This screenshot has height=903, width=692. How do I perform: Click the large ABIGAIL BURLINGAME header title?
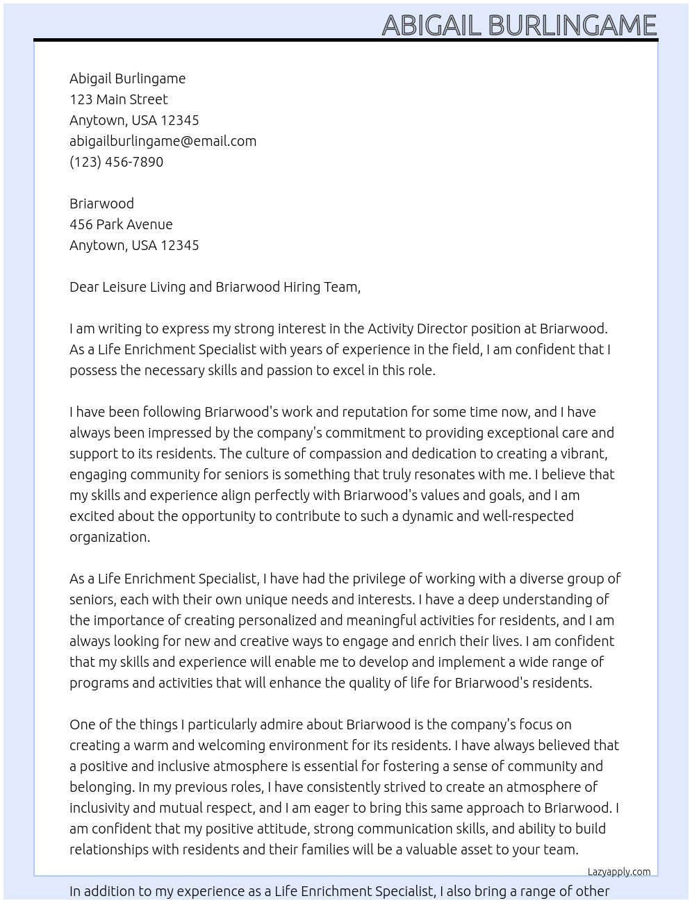click(519, 25)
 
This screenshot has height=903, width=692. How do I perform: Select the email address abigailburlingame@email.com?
click(163, 141)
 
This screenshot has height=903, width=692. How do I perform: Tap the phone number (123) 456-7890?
click(116, 162)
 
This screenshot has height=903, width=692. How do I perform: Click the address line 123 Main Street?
click(118, 99)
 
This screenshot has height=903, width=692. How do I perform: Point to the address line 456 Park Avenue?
click(121, 224)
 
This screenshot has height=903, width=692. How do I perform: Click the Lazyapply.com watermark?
click(619, 872)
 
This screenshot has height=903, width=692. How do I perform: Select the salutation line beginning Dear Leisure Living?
click(215, 287)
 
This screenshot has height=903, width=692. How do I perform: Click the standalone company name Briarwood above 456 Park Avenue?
click(101, 204)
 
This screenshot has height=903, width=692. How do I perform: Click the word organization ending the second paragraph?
click(108, 537)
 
